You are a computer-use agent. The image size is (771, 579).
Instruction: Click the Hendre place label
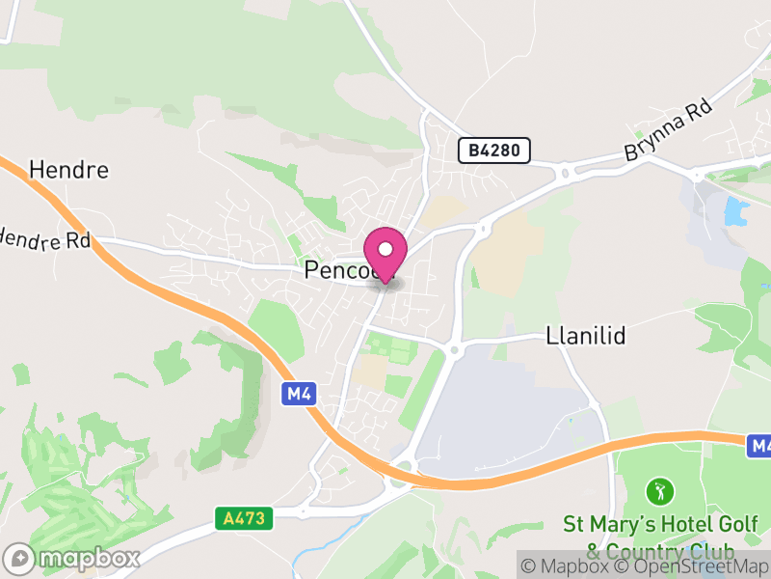pos(68,171)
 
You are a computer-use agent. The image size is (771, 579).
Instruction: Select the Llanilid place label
pos(586,336)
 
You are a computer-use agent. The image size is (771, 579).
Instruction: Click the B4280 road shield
pos(493,150)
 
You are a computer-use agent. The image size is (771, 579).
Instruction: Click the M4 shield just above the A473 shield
pos(298,393)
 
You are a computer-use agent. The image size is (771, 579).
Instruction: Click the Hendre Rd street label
pos(43,240)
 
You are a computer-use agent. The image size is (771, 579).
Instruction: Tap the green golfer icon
pos(660,491)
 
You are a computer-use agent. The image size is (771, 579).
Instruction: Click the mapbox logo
pos(73,558)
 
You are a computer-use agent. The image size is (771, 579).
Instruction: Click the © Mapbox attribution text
pos(574,566)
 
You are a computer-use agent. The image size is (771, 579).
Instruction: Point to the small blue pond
pos(736,210)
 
